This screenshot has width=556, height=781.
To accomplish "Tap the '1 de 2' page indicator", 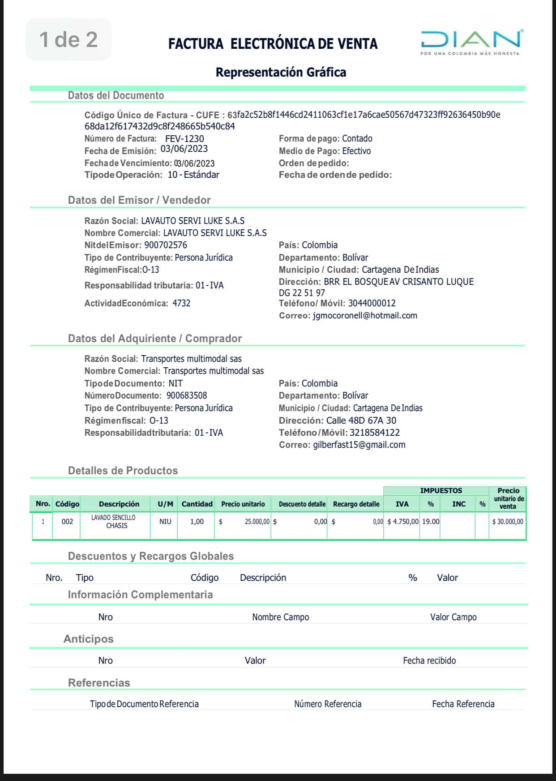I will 68,39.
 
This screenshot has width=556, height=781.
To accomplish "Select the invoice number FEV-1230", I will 184,139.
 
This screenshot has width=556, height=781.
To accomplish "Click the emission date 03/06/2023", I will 184,149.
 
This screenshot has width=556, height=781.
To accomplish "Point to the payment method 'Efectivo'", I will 356,151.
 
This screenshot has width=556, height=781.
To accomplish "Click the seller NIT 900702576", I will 166,245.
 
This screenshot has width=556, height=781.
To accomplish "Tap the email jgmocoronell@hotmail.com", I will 365,315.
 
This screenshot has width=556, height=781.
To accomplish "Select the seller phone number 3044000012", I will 372,303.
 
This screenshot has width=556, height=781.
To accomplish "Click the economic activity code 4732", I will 181,303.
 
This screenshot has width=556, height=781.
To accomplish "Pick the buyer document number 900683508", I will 187,395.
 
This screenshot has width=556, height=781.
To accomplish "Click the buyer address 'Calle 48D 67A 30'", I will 361,421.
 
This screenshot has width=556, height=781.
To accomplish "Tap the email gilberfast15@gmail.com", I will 359,445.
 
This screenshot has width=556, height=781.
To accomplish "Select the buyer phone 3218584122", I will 375,433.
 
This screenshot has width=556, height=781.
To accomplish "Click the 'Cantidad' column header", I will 197,504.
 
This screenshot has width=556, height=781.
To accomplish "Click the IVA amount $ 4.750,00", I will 403,521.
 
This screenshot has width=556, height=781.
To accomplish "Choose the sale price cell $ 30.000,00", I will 508,521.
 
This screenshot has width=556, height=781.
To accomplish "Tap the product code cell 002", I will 67,521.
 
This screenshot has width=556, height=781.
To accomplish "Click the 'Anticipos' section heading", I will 89,639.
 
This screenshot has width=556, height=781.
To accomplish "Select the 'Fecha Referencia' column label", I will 463,704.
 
